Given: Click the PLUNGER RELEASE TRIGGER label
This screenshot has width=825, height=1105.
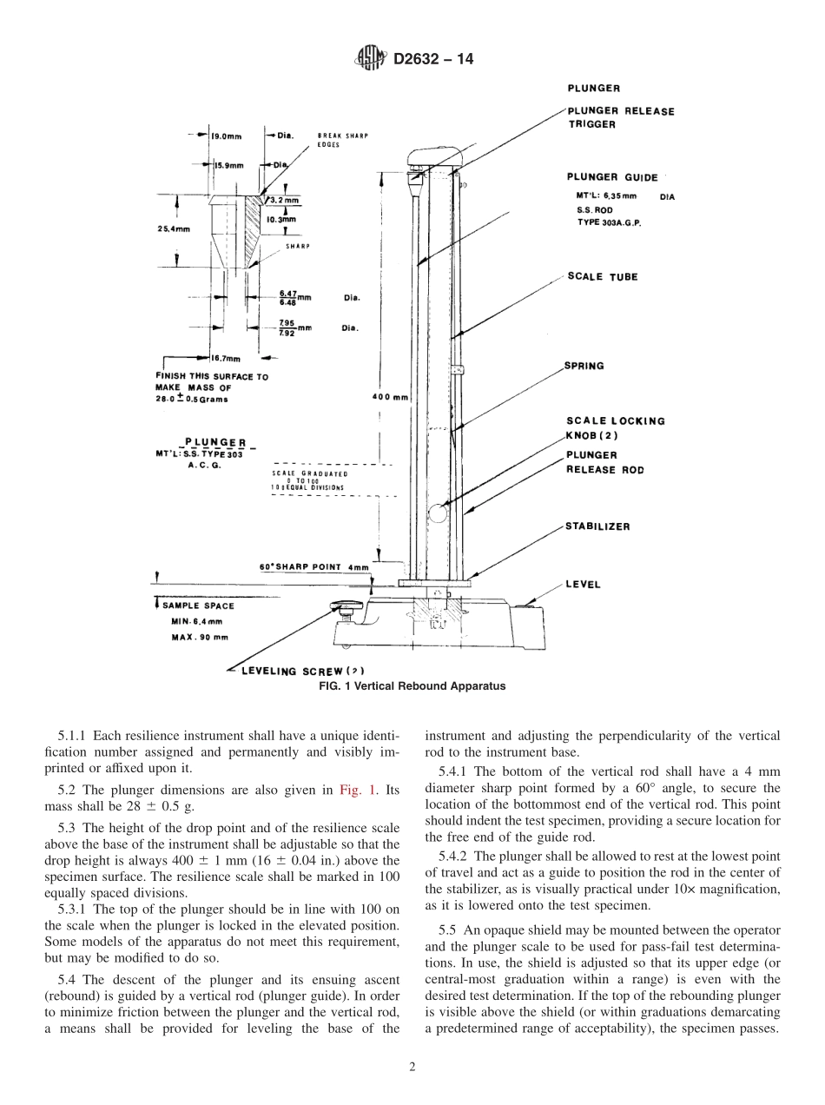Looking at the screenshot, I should [620, 117].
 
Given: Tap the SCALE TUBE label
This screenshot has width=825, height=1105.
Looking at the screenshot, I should [602, 277].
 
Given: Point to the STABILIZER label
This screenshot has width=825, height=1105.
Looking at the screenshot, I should [597, 526].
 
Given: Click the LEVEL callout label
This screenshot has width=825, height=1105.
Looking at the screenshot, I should [583, 585].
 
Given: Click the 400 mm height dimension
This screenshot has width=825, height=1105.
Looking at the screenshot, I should [390, 397].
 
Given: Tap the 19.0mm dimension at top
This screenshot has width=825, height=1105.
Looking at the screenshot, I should [228, 136].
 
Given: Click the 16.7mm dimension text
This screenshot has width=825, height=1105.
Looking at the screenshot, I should [228, 357].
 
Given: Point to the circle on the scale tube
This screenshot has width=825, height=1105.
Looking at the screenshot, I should [439, 513].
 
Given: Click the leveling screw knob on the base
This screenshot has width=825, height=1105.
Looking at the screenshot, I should [343, 609].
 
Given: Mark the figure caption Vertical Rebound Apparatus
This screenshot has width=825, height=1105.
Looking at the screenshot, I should [412, 685].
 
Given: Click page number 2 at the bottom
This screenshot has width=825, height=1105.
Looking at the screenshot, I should [412, 1067].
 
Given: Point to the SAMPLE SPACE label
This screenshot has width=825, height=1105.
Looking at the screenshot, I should [197, 605].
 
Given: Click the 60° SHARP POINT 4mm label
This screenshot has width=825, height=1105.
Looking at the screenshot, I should [313, 566].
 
